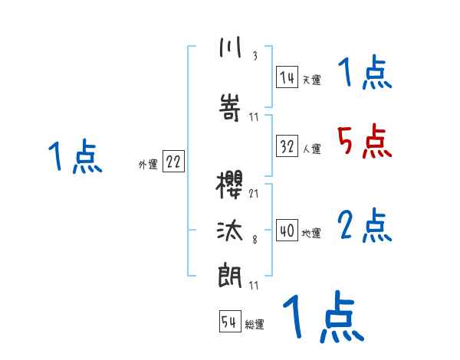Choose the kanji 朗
click(x=230, y=275)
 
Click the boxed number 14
click(x=287, y=77)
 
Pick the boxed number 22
click(x=173, y=162)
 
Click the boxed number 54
click(x=229, y=322)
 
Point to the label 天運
click(x=311, y=80)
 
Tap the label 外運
click(x=147, y=164)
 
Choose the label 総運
click(x=255, y=325)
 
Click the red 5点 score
click(x=363, y=141)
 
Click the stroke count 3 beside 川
click(x=254, y=56)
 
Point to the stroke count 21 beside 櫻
click(x=254, y=193)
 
